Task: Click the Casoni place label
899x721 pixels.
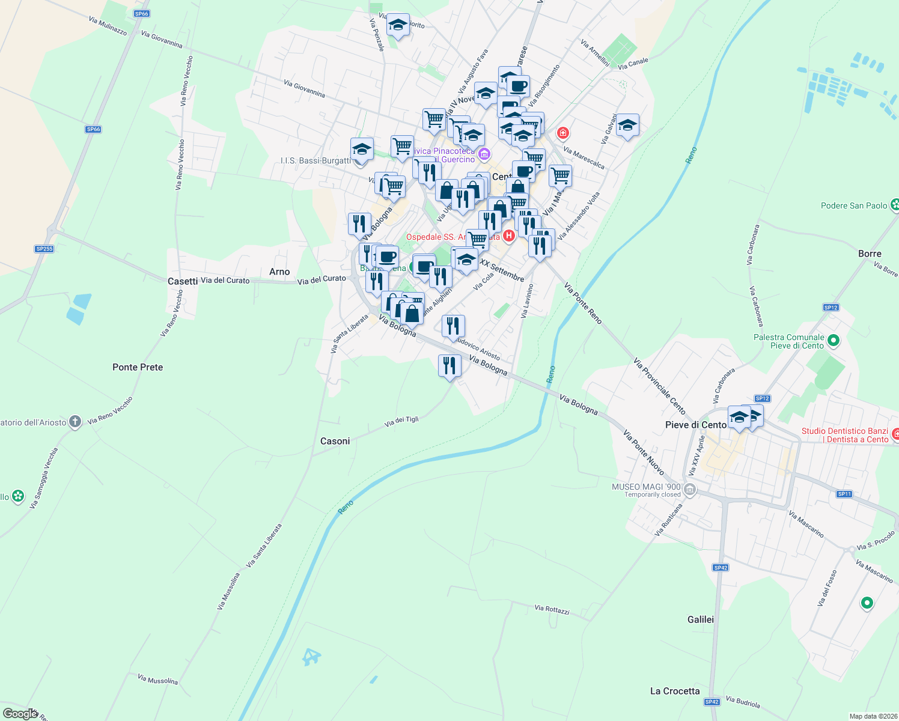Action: point(335,441)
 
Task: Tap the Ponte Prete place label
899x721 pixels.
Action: point(138,367)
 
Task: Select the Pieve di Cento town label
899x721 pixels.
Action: point(696,425)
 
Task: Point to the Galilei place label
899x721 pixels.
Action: point(701,619)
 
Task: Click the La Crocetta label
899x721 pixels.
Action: point(675,691)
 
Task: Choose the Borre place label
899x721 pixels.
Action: point(870,254)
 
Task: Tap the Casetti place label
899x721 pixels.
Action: point(183,281)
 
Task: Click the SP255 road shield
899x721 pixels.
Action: point(44,249)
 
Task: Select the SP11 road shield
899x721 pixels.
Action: point(844,494)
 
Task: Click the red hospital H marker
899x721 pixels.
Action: point(509,236)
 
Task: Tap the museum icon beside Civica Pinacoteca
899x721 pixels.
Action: point(484,155)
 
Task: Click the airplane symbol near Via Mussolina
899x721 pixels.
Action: point(311,657)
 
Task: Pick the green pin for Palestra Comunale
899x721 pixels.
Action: point(833,341)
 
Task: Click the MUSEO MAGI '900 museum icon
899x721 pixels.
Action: point(690,490)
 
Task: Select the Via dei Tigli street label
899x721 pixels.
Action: point(401,421)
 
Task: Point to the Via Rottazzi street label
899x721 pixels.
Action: point(552,609)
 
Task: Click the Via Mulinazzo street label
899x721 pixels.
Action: point(108,26)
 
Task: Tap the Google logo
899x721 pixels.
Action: point(20,713)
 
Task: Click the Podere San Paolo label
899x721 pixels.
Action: point(854,205)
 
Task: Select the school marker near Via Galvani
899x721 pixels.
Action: point(627,126)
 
